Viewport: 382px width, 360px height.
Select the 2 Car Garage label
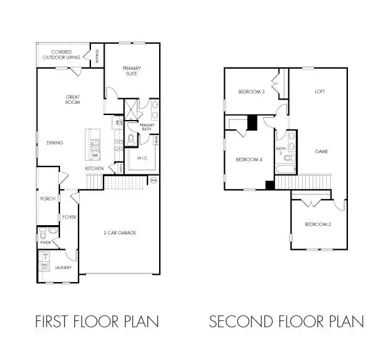click(119, 233)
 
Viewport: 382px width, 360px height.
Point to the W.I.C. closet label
click(142, 158)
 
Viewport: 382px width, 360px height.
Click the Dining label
click(54, 143)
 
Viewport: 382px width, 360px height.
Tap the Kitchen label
click(94, 168)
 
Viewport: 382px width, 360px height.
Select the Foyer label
click(69, 217)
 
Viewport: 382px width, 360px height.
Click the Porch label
click(47, 199)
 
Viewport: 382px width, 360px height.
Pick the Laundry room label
click(63, 268)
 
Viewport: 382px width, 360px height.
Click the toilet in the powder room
click(43, 235)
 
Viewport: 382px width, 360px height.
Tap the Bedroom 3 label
click(251, 92)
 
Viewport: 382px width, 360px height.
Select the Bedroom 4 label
click(248, 160)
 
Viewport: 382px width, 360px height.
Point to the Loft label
click(320, 92)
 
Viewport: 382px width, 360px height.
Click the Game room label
click(321, 151)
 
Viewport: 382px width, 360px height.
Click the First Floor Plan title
click(97, 322)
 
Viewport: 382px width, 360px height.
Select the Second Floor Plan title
click(286, 322)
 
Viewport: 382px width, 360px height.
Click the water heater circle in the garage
click(154, 180)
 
